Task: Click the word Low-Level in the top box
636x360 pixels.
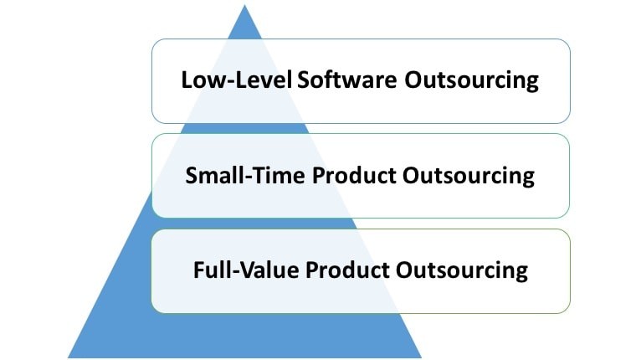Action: (x=237, y=80)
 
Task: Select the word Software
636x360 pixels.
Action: (x=347, y=80)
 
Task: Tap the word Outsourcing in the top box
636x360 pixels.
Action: (x=471, y=80)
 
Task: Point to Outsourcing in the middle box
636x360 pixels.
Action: (x=469, y=176)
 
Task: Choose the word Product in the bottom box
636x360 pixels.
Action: (x=347, y=270)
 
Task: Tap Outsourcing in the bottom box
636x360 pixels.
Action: (x=462, y=270)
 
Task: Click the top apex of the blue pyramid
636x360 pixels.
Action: (x=244, y=5)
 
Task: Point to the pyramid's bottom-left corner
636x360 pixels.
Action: (x=68, y=357)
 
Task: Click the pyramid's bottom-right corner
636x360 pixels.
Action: (x=421, y=357)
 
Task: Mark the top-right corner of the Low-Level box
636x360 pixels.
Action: (x=570, y=40)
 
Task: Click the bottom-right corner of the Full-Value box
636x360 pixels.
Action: (x=570, y=312)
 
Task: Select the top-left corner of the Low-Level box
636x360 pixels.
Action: (x=153, y=40)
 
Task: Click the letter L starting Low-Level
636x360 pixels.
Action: (x=186, y=80)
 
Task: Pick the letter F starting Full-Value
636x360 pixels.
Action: (x=199, y=270)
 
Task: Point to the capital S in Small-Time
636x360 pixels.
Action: (x=192, y=175)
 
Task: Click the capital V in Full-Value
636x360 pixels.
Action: (x=248, y=270)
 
